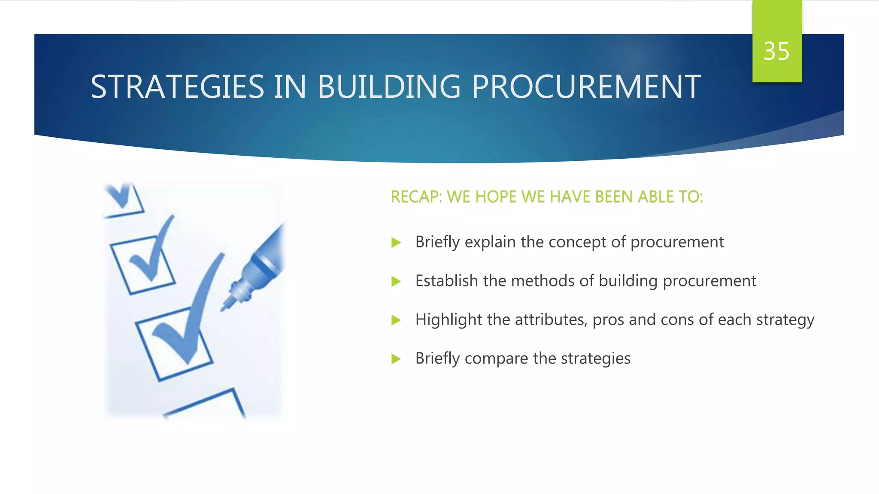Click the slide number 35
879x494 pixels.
[x=776, y=51]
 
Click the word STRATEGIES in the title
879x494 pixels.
[x=177, y=87]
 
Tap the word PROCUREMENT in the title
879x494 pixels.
[x=586, y=87]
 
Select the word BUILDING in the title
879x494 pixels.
[x=389, y=87]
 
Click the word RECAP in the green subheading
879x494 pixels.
[x=415, y=197]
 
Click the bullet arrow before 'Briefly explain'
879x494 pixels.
[x=396, y=243]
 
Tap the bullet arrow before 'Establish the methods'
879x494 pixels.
[x=396, y=282]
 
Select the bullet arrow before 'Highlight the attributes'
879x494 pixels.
[x=396, y=320]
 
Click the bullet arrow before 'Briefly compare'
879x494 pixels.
[x=396, y=359]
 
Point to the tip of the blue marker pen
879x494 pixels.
[x=224, y=307]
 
